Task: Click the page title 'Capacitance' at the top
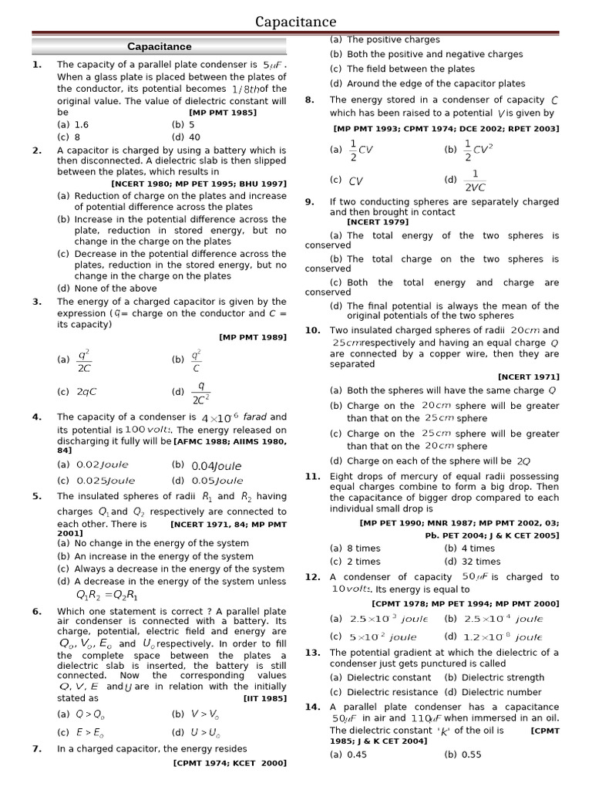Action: (x=296, y=22)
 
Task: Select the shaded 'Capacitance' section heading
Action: (x=160, y=46)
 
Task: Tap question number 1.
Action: (x=36, y=65)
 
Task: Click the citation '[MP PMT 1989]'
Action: (x=253, y=337)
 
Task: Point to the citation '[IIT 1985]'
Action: (x=265, y=699)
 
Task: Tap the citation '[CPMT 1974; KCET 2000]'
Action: (x=230, y=763)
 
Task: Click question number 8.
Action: (x=309, y=100)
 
